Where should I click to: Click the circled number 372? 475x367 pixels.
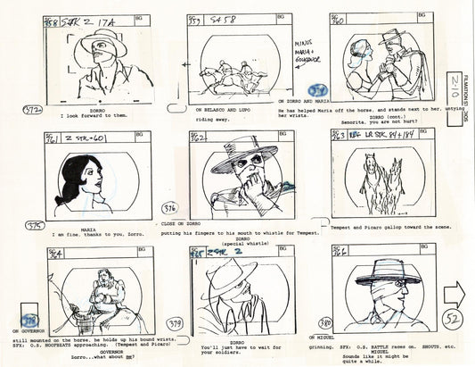[31, 109]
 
